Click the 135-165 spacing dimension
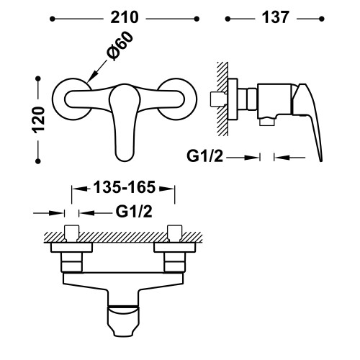(123, 189)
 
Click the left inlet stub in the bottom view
(72, 234)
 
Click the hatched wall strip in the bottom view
(123, 238)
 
